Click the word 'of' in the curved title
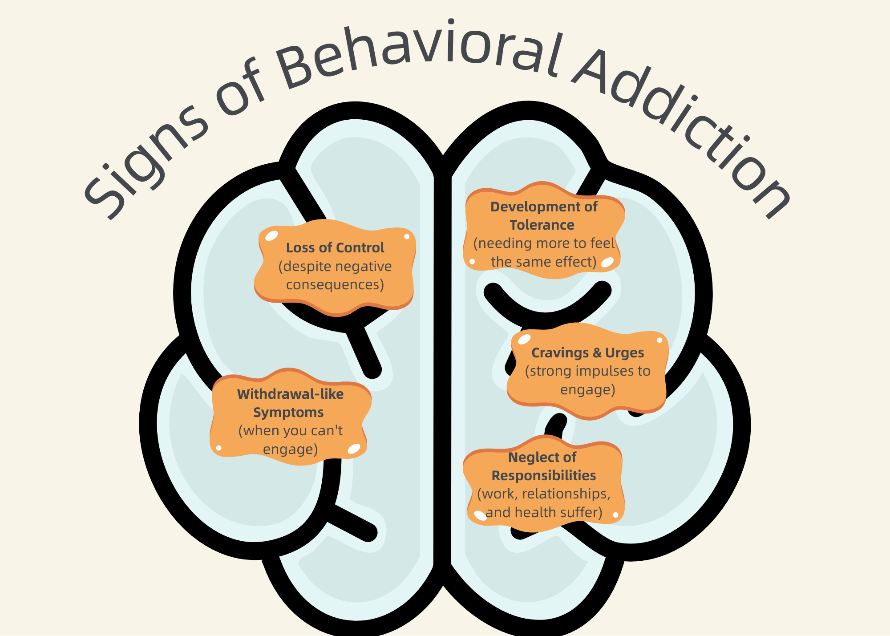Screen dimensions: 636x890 (x=240, y=89)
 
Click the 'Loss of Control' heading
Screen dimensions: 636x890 (x=335, y=247)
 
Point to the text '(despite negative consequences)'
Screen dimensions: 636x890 (x=335, y=275)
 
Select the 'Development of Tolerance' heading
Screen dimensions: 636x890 (x=543, y=216)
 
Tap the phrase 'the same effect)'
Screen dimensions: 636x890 (x=543, y=262)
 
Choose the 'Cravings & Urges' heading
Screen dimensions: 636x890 (x=587, y=352)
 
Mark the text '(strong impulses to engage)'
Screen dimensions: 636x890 (x=587, y=380)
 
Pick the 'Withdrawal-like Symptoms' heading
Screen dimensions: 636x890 (x=290, y=403)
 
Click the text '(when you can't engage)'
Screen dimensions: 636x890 (x=290, y=440)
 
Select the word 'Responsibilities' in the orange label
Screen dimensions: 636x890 (x=543, y=475)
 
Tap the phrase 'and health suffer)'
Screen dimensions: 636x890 (x=543, y=512)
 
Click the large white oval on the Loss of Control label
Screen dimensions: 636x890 (x=271, y=236)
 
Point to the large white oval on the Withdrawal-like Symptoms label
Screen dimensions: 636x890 (x=354, y=449)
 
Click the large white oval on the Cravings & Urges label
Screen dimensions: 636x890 (x=524, y=339)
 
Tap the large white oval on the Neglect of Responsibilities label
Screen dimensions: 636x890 (x=480, y=515)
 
